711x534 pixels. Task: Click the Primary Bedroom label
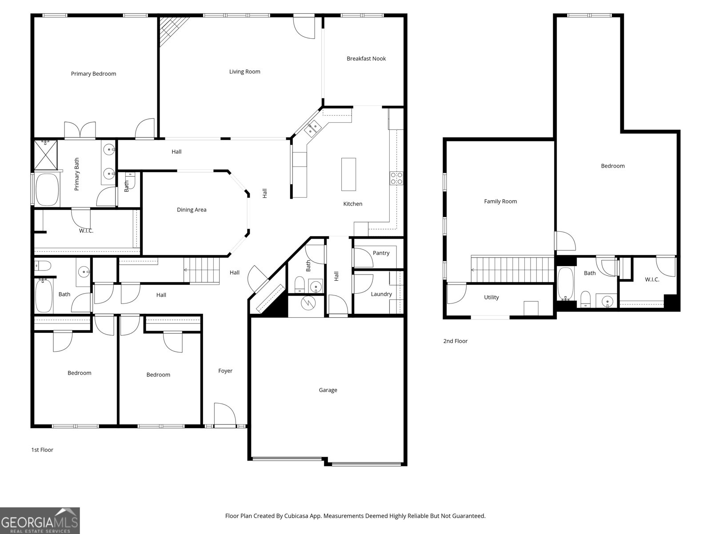click(x=93, y=74)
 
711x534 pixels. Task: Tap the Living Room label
click(x=244, y=72)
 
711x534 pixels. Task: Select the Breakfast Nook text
click(x=366, y=59)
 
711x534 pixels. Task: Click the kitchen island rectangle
click(x=348, y=174)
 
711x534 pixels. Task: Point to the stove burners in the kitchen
click(x=396, y=178)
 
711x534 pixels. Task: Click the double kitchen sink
click(x=312, y=127)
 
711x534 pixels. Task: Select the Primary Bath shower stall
click(x=46, y=155)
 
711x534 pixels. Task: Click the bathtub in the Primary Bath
click(x=47, y=190)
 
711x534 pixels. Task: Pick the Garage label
click(x=328, y=390)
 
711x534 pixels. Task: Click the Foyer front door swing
click(x=225, y=414)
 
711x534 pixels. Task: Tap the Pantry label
click(x=381, y=253)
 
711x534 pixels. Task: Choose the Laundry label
click(x=381, y=294)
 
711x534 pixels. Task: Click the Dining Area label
click(x=192, y=210)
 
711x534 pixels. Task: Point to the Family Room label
click(x=500, y=201)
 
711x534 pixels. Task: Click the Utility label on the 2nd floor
click(x=491, y=297)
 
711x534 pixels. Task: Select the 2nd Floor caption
click(x=455, y=341)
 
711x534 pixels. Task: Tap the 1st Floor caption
click(x=42, y=450)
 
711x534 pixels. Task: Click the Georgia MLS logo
click(x=40, y=520)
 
